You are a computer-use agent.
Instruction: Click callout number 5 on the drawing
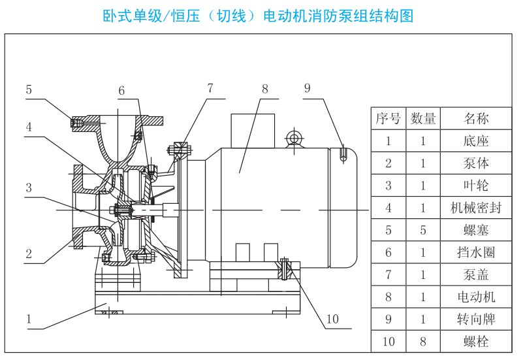(x=29, y=90)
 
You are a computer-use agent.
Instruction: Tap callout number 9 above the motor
(x=307, y=89)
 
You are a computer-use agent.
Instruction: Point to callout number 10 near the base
(x=333, y=319)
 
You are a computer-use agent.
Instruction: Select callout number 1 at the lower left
(x=29, y=319)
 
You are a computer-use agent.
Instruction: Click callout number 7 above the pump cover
(x=210, y=88)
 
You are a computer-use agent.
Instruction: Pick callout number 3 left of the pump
(x=29, y=188)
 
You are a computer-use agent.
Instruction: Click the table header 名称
(x=475, y=118)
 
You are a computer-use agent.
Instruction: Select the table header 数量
(x=422, y=118)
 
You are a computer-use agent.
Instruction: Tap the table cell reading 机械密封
(x=475, y=208)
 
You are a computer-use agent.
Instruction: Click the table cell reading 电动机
(x=475, y=297)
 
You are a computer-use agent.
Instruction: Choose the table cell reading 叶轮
(x=475, y=186)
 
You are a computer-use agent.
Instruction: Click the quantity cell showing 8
(x=422, y=341)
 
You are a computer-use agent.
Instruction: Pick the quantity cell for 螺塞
(x=422, y=230)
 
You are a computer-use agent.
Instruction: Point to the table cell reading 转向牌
(x=475, y=319)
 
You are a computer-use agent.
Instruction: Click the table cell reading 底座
(x=475, y=140)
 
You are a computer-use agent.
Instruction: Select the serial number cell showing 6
(x=388, y=252)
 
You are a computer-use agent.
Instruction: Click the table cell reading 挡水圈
(x=475, y=252)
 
